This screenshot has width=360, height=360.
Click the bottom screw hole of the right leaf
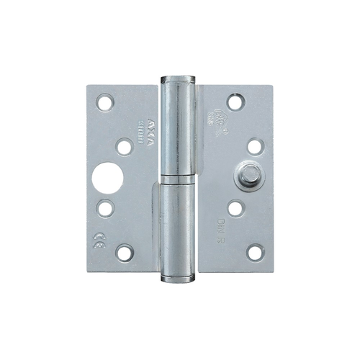pos(253,251)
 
